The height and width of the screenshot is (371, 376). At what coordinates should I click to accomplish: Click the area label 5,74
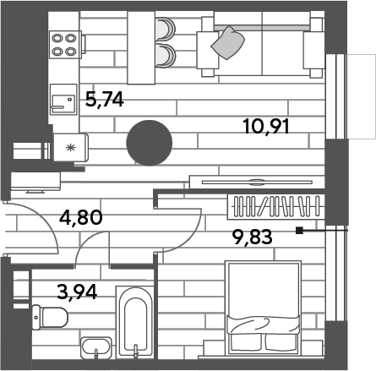105,100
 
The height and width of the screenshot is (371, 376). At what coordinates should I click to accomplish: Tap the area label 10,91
266,127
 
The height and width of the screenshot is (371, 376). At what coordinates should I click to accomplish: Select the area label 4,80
81,217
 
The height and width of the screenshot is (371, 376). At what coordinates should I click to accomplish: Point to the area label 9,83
252,237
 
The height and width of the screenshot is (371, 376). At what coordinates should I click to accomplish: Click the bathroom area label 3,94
77,292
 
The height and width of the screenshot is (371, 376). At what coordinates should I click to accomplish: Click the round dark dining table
150,143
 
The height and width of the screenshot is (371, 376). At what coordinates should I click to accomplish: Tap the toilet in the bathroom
50,317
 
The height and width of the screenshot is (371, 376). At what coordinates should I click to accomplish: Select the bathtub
135,322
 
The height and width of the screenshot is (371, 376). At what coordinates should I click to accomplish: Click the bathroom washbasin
96,347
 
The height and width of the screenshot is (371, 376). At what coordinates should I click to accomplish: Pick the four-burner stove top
65,45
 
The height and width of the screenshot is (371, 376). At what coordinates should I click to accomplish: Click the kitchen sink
63,100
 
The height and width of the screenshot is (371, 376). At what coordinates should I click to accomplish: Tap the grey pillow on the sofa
228,43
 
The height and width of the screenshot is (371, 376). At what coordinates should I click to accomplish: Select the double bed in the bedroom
263,308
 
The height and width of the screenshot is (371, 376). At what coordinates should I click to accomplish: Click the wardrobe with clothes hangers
276,206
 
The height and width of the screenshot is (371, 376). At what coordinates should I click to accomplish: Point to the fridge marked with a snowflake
71,147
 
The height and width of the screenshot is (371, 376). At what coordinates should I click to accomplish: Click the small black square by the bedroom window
299,231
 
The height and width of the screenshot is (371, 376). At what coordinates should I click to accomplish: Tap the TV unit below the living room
257,182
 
